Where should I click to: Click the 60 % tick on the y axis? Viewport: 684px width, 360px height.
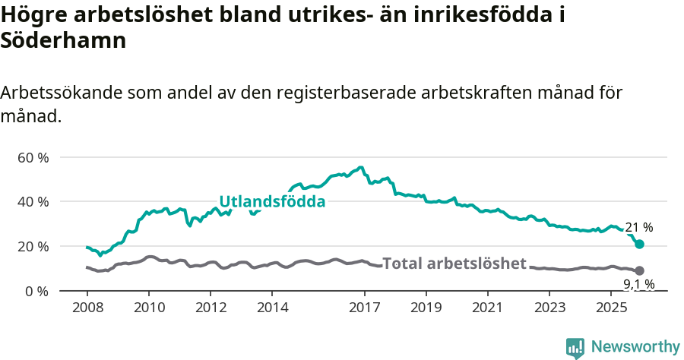(33, 158)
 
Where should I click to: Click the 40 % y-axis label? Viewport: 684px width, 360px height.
(33, 202)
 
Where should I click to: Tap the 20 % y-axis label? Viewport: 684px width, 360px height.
(33, 247)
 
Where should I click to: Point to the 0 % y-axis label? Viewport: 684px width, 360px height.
(36, 292)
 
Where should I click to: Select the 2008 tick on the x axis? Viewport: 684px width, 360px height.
(87, 308)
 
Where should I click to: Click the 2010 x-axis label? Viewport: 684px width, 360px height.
(148, 308)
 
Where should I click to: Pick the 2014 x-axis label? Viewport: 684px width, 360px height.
(272, 308)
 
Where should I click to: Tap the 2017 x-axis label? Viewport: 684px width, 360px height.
(364, 308)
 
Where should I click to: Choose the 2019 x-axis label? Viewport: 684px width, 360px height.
(426, 308)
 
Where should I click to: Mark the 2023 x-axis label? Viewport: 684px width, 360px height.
(550, 308)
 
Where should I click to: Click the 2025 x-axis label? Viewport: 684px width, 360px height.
(612, 308)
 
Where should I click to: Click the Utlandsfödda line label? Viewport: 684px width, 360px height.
(272, 202)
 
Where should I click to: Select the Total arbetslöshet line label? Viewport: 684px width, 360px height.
(454, 264)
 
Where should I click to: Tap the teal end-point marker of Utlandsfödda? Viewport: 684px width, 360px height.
(640, 244)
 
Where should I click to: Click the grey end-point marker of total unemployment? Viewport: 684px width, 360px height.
(640, 270)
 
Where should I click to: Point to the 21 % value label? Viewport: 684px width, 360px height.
(638, 227)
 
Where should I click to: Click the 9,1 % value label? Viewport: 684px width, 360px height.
(638, 285)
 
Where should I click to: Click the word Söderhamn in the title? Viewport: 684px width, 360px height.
(63, 41)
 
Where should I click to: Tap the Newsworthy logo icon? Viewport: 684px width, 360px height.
(575, 348)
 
